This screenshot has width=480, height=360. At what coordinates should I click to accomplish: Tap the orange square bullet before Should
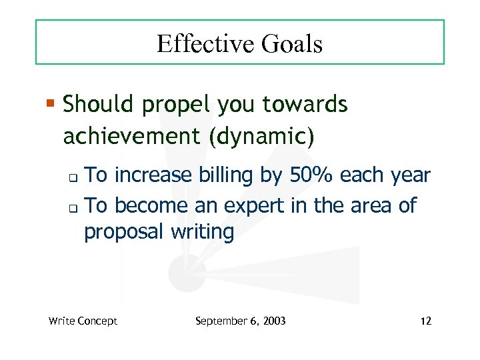(51, 104)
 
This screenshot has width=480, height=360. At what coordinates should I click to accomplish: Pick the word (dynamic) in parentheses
(260, 136)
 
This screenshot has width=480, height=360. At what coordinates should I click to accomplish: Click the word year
(411, 176)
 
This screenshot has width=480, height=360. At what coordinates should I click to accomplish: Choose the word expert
(259, 206)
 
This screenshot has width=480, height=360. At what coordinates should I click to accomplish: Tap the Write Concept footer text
(83, 321)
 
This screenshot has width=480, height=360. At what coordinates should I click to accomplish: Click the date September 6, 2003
(240, 321)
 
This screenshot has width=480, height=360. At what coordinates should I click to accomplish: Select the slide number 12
(426, 321)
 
